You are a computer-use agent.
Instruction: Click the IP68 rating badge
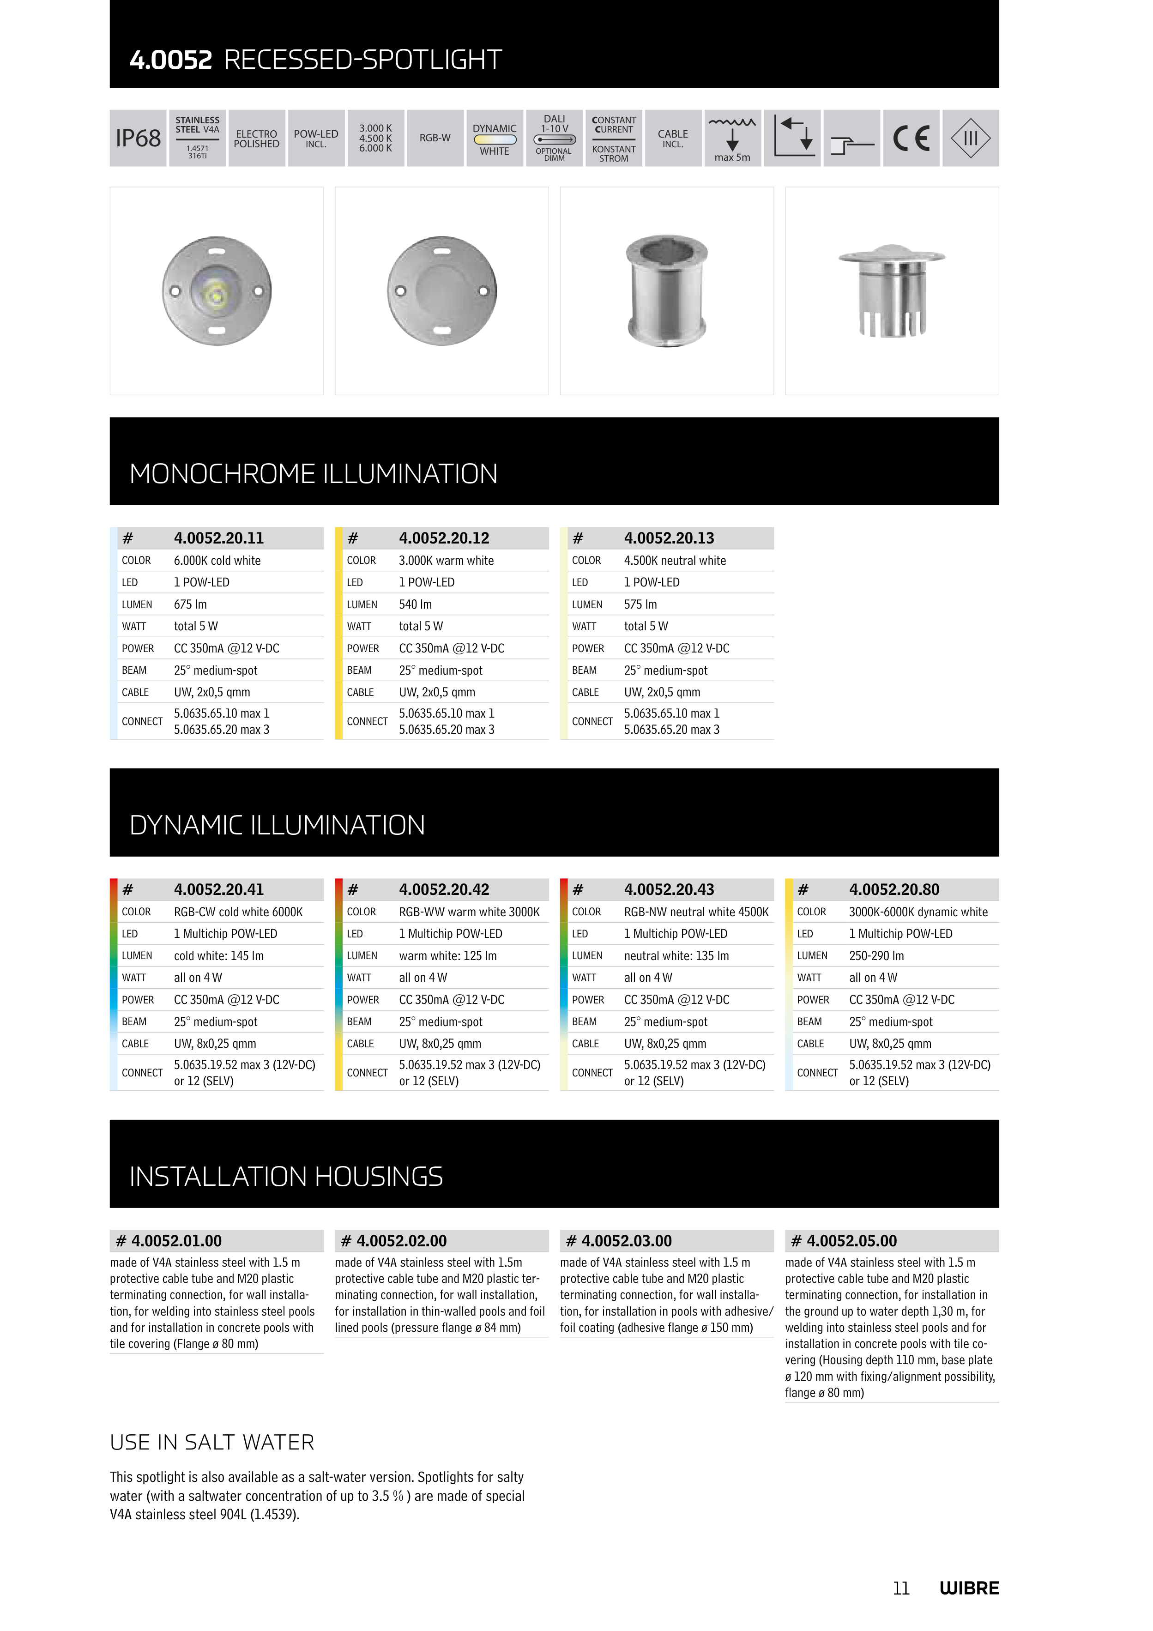point(138,138)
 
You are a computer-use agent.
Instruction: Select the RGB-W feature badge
point(435,138)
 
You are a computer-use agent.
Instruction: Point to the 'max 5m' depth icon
point(732,138)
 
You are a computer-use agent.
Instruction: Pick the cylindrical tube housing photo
point(666,290)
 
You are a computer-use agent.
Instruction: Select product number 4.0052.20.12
point(444,538)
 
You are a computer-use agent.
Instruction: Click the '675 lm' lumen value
point(190,604)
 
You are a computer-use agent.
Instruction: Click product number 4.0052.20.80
point(893,889)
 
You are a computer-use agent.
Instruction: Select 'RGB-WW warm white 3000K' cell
point(469,912)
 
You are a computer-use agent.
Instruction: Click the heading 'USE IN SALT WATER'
point(211,1442)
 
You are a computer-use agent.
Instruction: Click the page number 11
point(901,1589)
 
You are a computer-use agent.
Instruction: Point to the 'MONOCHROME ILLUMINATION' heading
point(313,474)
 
